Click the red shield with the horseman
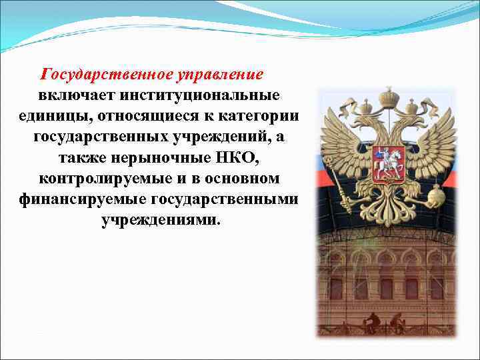tap(387, 161)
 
